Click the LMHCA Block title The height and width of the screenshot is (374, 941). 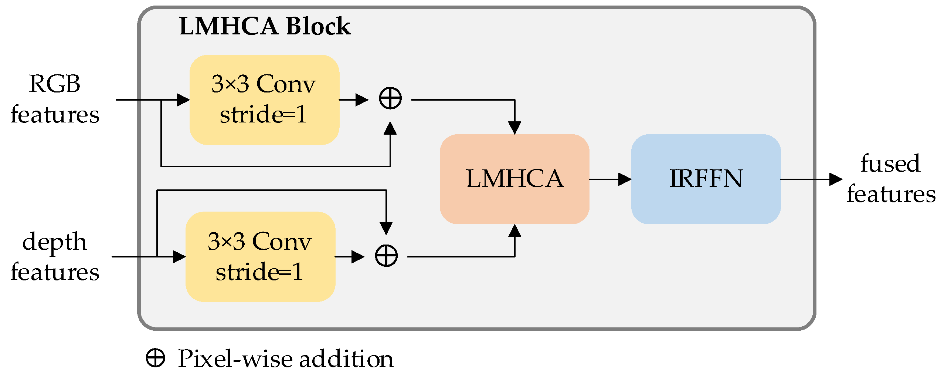(x=265, y=26)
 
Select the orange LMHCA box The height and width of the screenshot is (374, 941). (x=514, y=179)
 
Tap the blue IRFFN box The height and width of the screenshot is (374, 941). (x=706, y=179)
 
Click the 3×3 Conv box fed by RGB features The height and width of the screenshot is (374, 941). (x=264, y=100)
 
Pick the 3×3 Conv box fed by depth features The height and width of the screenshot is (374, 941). (x=260, y=257)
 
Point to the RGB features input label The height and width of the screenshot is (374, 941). (x=55, y=99)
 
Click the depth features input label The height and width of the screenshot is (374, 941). (x=55, y=256)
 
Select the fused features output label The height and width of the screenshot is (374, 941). (x=891, y=179)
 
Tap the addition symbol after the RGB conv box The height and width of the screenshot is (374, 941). (x=390, y=98)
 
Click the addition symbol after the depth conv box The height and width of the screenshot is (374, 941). (x=386, y=256)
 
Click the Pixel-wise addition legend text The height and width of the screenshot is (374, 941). (x=286, y=359)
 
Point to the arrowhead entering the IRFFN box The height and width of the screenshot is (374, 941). (x=625, y=179)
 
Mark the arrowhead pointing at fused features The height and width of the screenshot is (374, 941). (x=836, y=179)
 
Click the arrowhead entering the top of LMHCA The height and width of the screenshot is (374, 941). (x=514, y=128)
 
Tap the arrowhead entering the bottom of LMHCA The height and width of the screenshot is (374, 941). (x=514, y=230)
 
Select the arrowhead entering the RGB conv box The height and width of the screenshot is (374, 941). (x=184, y=100)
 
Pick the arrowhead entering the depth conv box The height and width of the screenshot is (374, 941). (x=180, y=257)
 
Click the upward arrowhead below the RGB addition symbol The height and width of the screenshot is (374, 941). (x=390, y=128)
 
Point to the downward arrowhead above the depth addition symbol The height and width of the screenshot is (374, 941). (x=386, y=229)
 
